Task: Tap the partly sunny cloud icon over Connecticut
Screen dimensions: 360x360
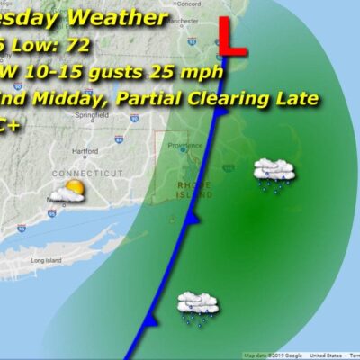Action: point(69,191)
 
